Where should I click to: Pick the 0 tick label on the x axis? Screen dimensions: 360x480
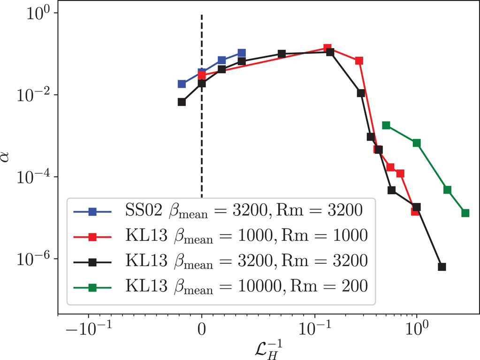point(202,329)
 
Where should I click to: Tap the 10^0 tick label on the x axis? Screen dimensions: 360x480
point(417,328)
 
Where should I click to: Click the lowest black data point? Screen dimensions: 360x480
point(442,267)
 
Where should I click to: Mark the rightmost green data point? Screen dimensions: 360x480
point(465,213)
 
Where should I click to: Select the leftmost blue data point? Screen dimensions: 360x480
point(182,84)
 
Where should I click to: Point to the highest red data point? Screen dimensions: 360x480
point(327,48)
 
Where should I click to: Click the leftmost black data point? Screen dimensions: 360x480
point(182,102)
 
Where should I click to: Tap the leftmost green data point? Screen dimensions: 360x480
point(386,125)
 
